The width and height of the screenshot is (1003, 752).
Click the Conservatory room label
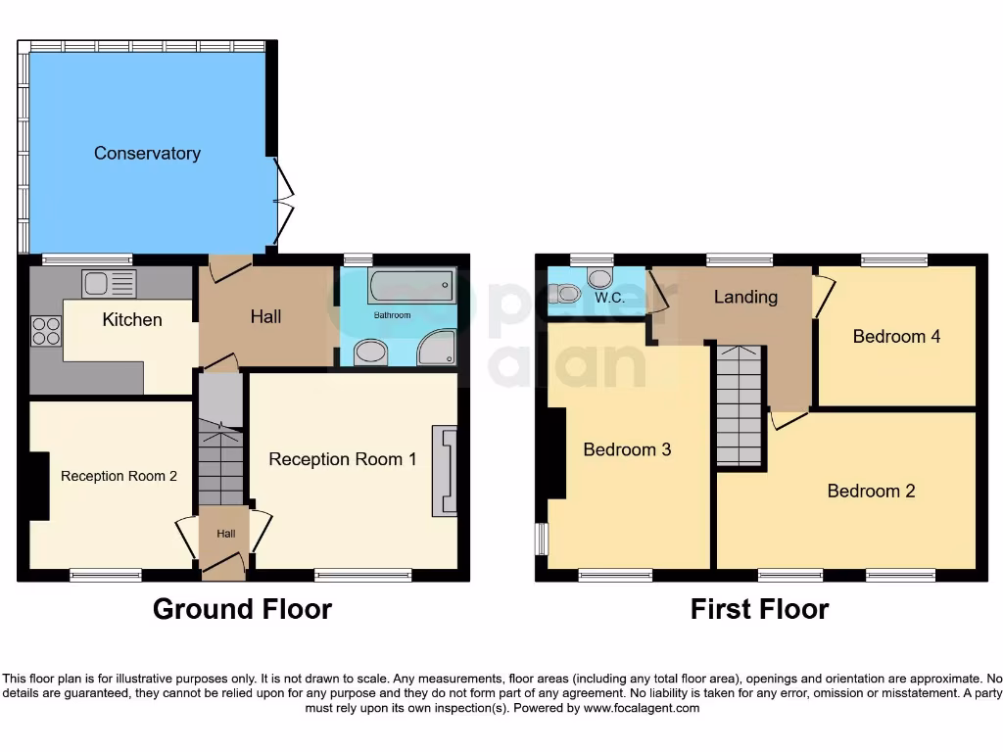coord(147,154)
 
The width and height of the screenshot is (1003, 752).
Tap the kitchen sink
coord(109,284)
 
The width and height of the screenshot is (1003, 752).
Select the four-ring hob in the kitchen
coord(46,330)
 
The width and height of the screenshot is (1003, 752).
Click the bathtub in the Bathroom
coord(410,287)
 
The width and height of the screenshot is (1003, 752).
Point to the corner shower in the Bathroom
coord(437,348)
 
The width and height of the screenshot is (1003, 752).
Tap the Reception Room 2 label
coord(119,477)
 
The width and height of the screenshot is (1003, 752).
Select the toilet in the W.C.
coord(565,292)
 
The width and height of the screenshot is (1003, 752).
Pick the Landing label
coord(745,297)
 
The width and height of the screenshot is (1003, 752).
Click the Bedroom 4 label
coord(896,337)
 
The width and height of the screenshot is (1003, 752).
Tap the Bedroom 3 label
coord(627,450)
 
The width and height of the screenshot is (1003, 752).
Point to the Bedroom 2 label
coord(871,492)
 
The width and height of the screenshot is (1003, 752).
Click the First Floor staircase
coord(739,406)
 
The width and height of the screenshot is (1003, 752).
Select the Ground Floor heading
coord(242,609)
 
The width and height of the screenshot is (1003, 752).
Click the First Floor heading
coord(759,609)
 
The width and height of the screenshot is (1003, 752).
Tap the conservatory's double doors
coord(282,204)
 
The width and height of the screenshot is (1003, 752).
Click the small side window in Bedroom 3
coord(541,539)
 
